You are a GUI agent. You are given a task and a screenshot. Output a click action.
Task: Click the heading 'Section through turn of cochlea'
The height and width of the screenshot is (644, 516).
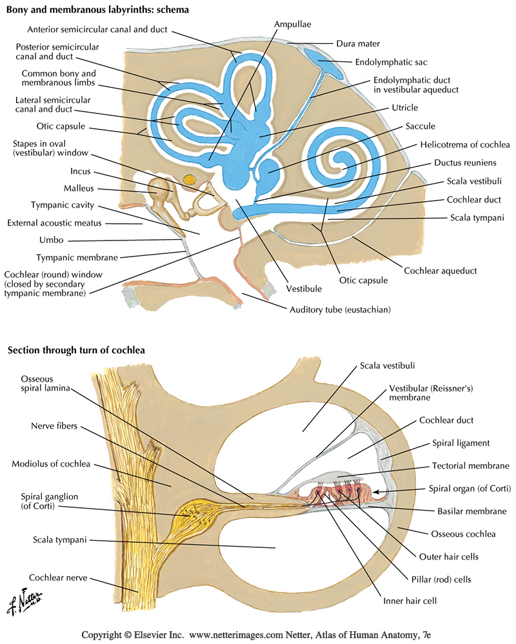pos(76,350)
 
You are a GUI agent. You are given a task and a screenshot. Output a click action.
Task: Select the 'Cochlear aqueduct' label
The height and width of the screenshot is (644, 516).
pos(441,270)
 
